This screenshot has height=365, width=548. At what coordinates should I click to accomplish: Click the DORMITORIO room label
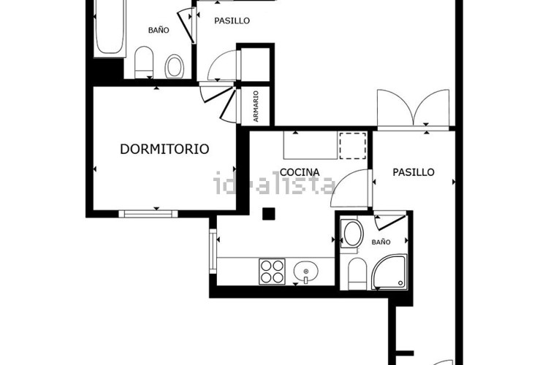click(x=164, y=149)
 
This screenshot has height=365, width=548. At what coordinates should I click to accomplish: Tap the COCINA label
click(x=300, y=172)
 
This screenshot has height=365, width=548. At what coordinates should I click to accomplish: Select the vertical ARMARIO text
click(x=256, y=107)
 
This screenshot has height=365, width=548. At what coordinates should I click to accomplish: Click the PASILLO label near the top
click(x=232, y=20)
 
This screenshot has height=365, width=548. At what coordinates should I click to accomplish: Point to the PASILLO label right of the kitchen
click(x=414, y=172)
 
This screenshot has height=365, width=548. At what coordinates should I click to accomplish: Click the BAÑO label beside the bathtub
click(x=159, y=31)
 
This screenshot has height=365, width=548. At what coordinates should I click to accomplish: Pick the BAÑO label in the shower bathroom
click(x=381, y=242)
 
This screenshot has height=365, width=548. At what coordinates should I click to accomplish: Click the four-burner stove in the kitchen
click(x=272, y=272)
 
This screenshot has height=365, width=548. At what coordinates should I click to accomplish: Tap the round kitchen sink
click(x=306, y=272)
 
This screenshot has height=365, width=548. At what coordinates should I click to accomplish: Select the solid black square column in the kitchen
click(x=269, y=214)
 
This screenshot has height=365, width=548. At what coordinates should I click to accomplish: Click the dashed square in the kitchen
click(x=353, y=145)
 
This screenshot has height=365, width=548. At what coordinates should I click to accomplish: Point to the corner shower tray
click(x=389, y=272)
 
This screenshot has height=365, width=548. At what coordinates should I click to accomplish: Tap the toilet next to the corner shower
click(x=357, y=274)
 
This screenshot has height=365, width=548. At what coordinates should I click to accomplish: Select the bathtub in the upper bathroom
click(x=110, y=27)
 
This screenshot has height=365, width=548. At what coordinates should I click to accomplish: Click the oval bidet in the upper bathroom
click(x=175, y=66)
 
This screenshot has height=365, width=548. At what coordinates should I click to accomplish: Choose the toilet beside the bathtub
click(x=144, y=63)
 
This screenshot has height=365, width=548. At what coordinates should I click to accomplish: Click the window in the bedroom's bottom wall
click(x=148, y=214)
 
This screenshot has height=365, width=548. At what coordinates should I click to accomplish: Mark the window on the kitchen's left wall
click(x=213, y=251)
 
